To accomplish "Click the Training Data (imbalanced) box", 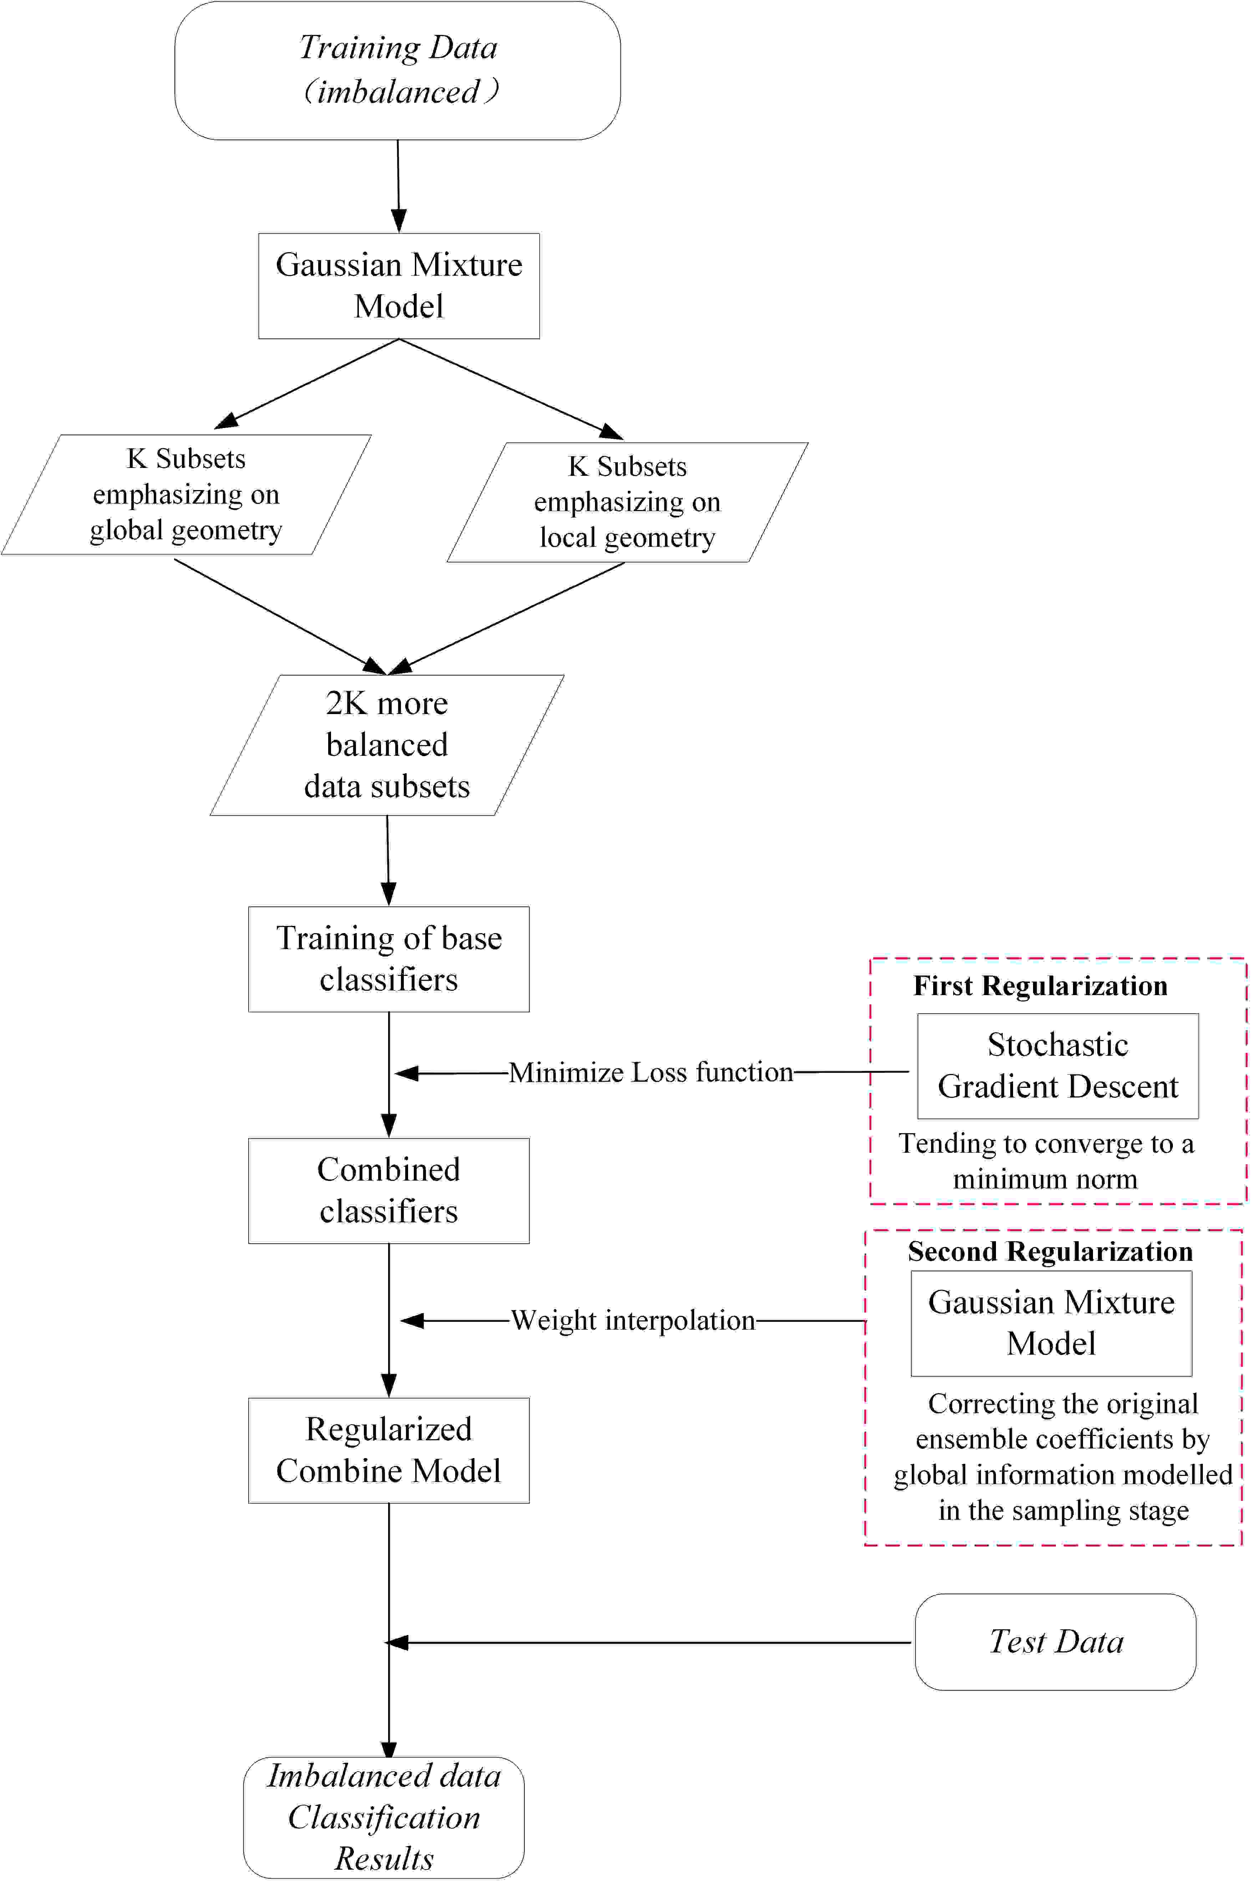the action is coord(397,71).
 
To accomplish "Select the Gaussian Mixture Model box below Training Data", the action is coord(399,286).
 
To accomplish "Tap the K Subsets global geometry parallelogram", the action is coord(186,494).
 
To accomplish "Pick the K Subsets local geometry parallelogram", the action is coord(627,502).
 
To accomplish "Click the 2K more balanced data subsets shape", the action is coord(387,745).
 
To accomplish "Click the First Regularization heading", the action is coord(1041,986).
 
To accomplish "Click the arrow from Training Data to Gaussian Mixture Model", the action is coord(398,186).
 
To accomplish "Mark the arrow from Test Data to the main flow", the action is coord(649,1643).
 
